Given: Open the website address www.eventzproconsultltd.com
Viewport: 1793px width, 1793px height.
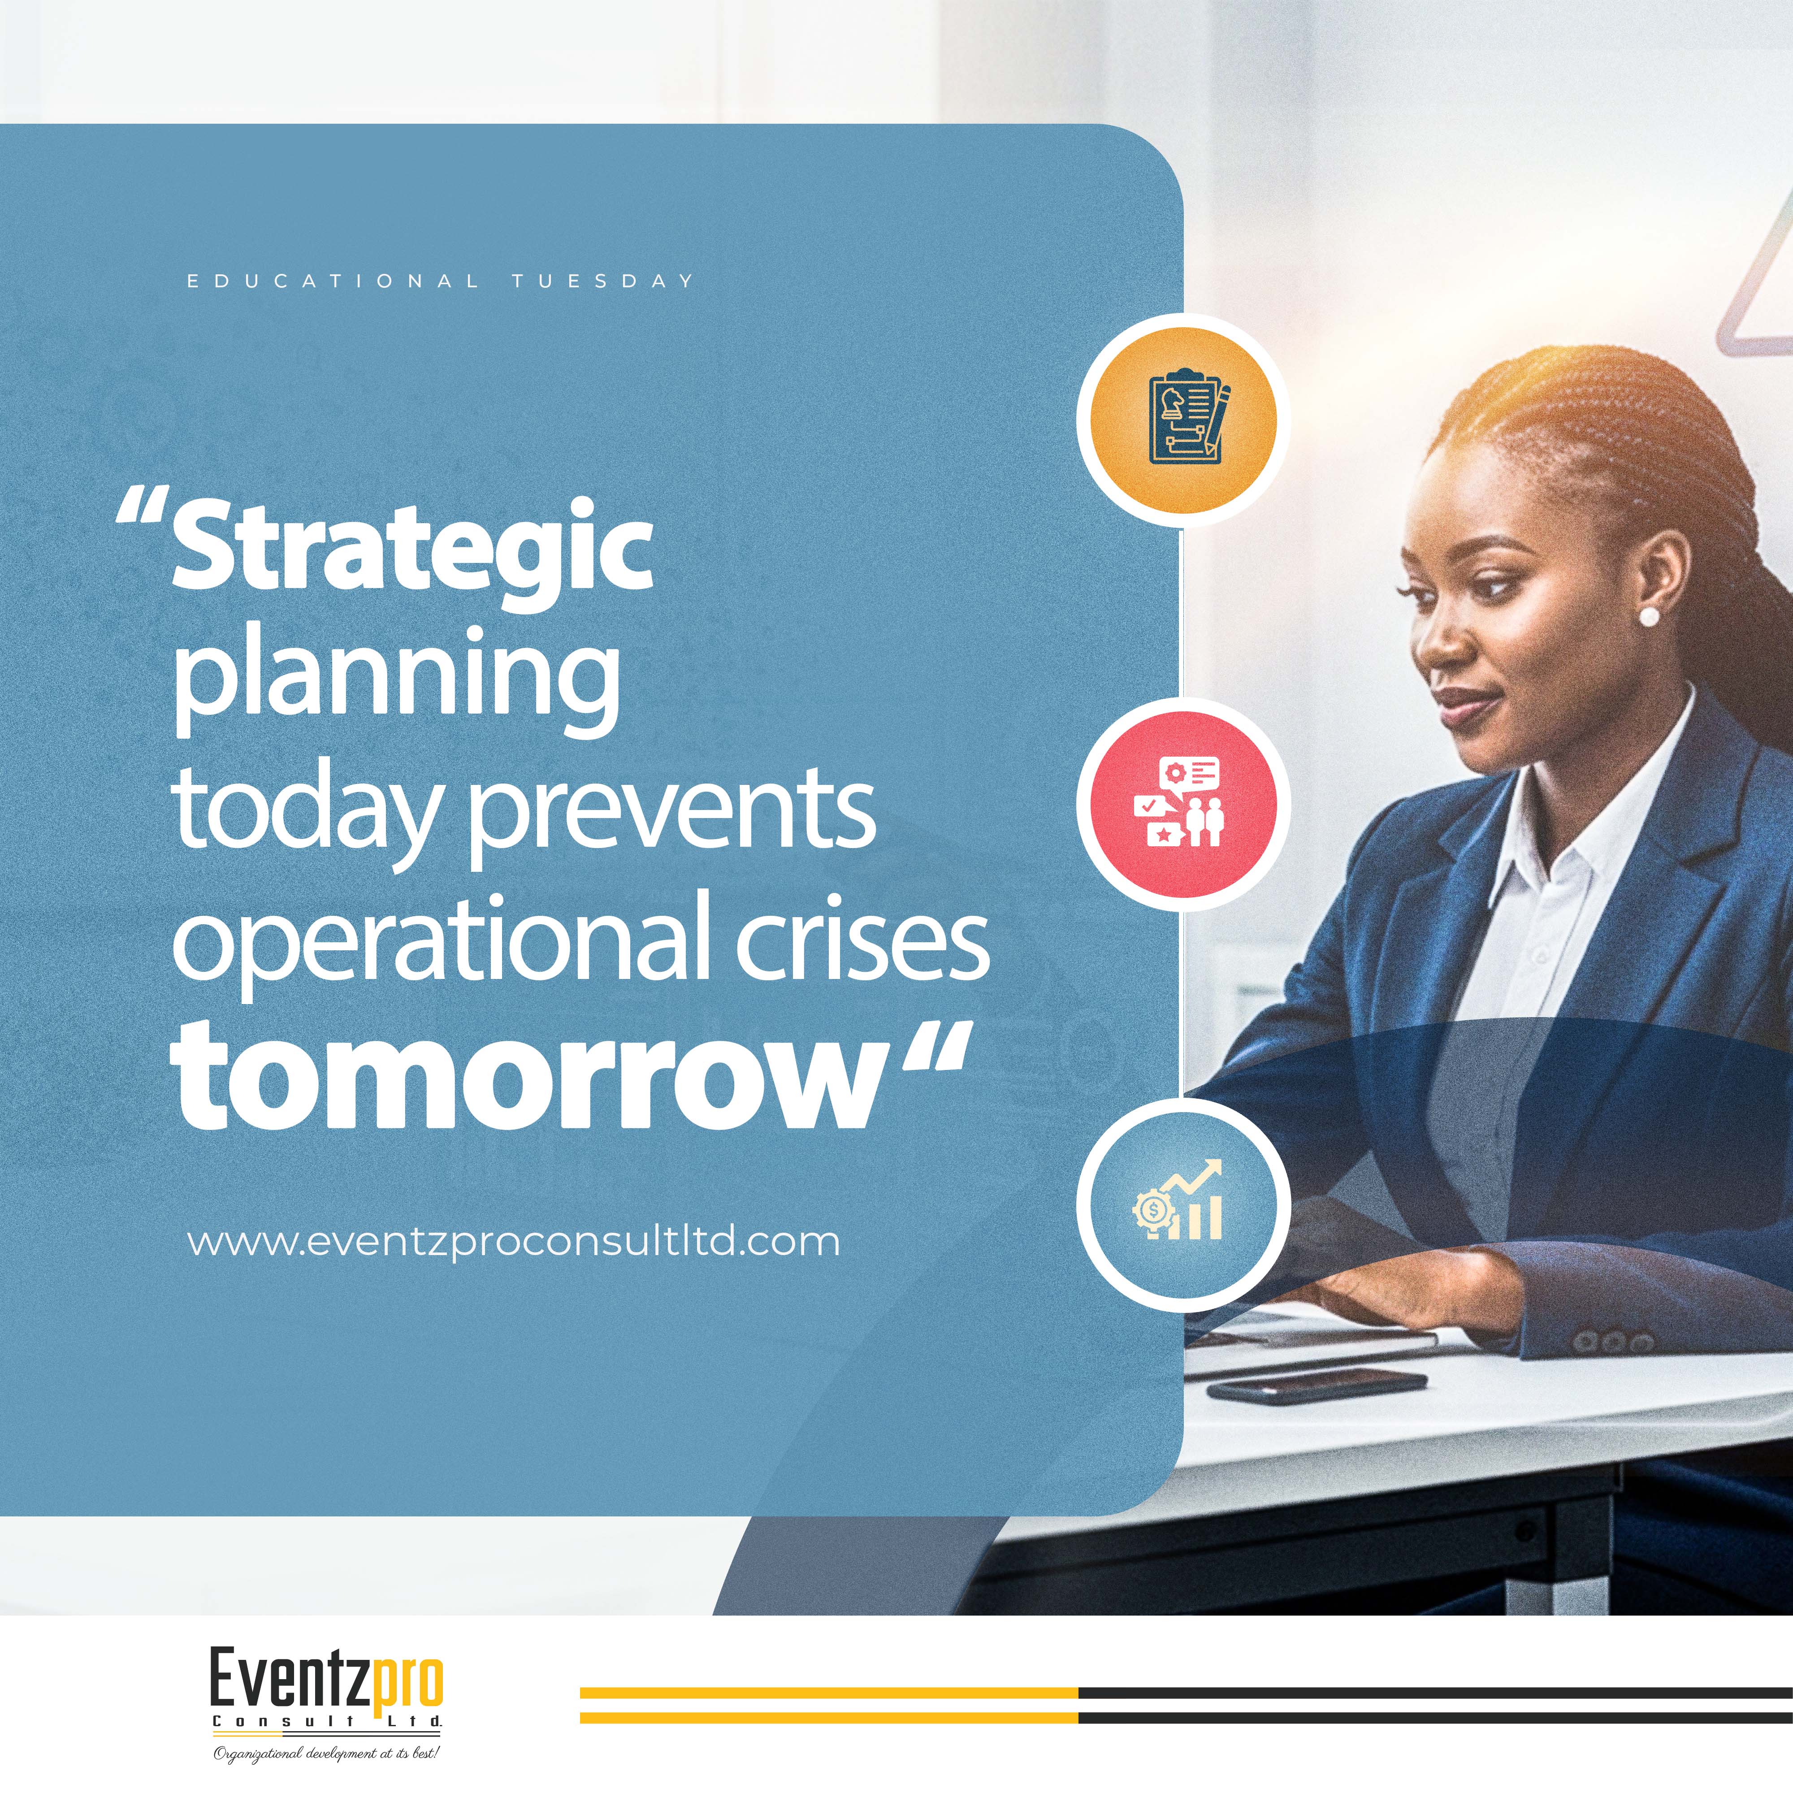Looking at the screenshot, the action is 513,1241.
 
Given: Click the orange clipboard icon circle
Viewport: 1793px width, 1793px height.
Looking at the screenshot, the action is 1183,420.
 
